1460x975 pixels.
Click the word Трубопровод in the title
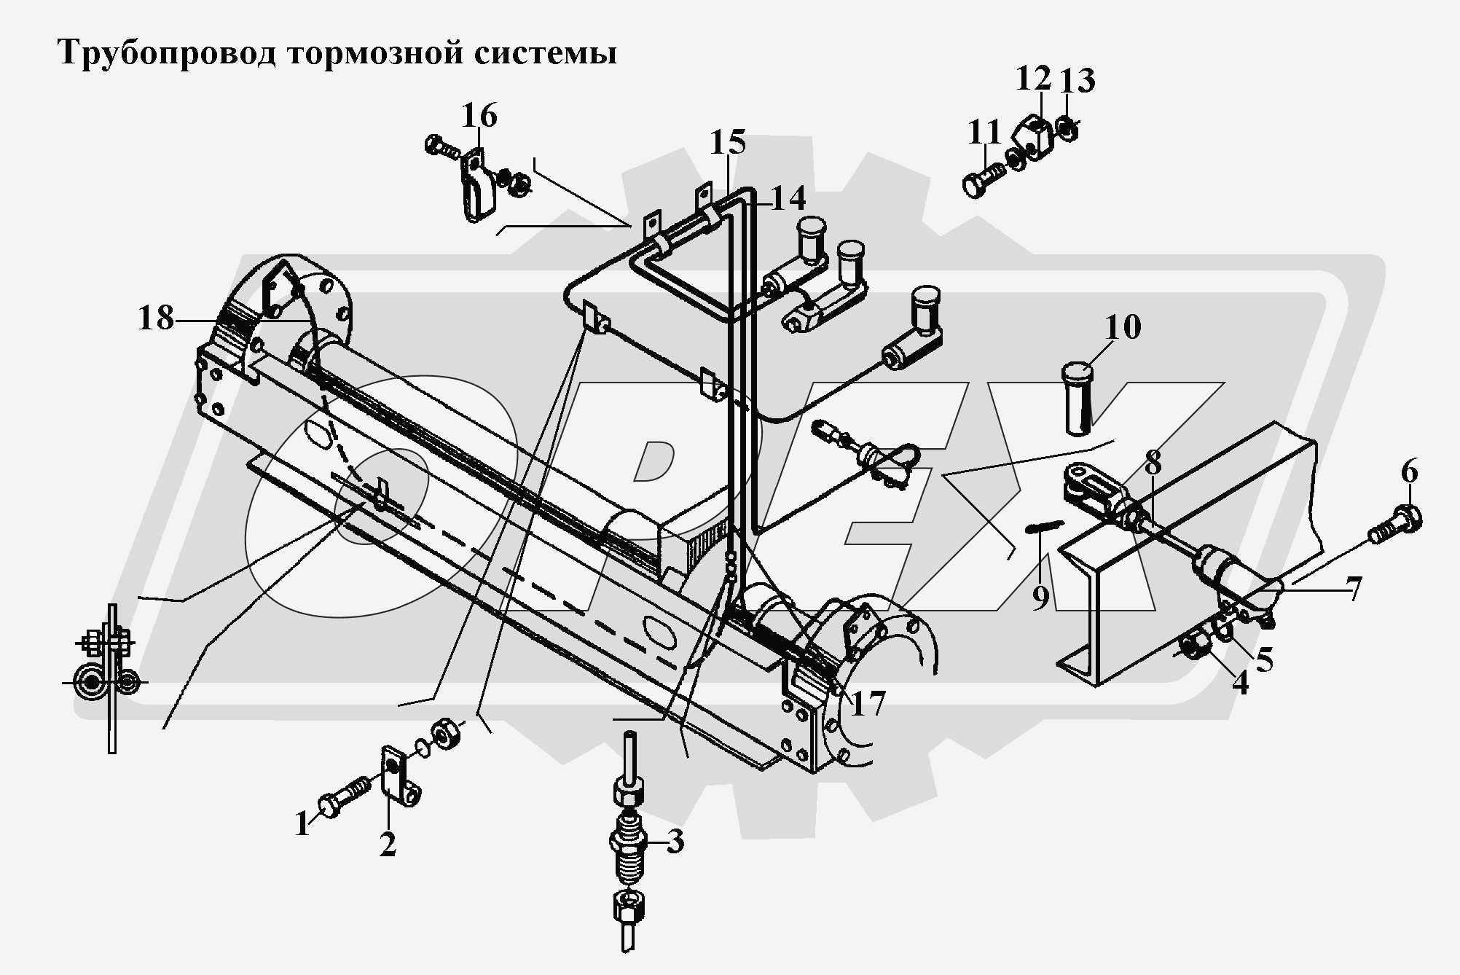point(166,54)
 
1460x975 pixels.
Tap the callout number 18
point(156,318)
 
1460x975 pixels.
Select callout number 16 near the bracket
point(479,116)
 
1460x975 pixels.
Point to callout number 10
point(1123,327)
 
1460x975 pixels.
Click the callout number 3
point(675,842)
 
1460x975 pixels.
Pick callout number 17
point(867,703)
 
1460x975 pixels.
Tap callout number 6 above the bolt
point(1409,473)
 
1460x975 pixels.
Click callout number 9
point(1040,598)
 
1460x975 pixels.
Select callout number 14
point(787,199)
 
